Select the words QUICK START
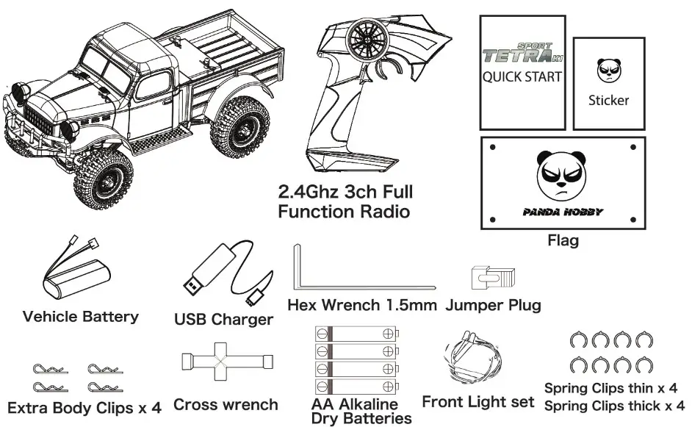click(522, 76)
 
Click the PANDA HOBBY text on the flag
click(563, 212)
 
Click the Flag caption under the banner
click(563, 240)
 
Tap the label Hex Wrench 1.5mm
click(361, 305)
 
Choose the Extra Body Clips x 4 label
click(84, 407)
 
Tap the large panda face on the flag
click(563, 175)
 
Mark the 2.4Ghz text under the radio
click(313, 193)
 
